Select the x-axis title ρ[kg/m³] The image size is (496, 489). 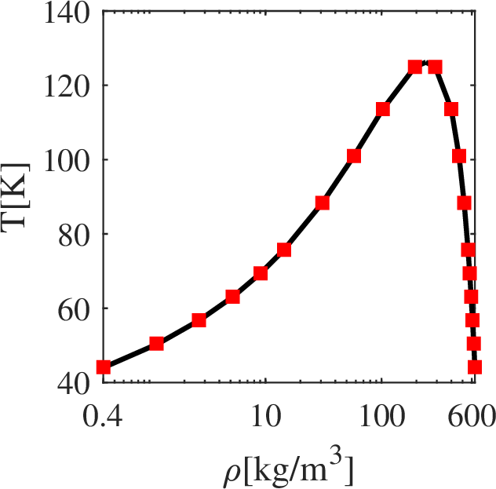(x=289, y=469)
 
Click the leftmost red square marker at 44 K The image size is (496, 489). (x=104, y=367)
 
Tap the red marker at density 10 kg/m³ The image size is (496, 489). (x=261, y=273)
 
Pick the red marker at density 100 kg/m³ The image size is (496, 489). (x=383, y=108)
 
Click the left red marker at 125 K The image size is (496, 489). (x=415, y=67)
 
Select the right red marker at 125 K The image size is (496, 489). (x=435, y=67)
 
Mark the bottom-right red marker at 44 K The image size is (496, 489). (x=475, y=367)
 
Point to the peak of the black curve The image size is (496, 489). (x=425, y=62)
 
